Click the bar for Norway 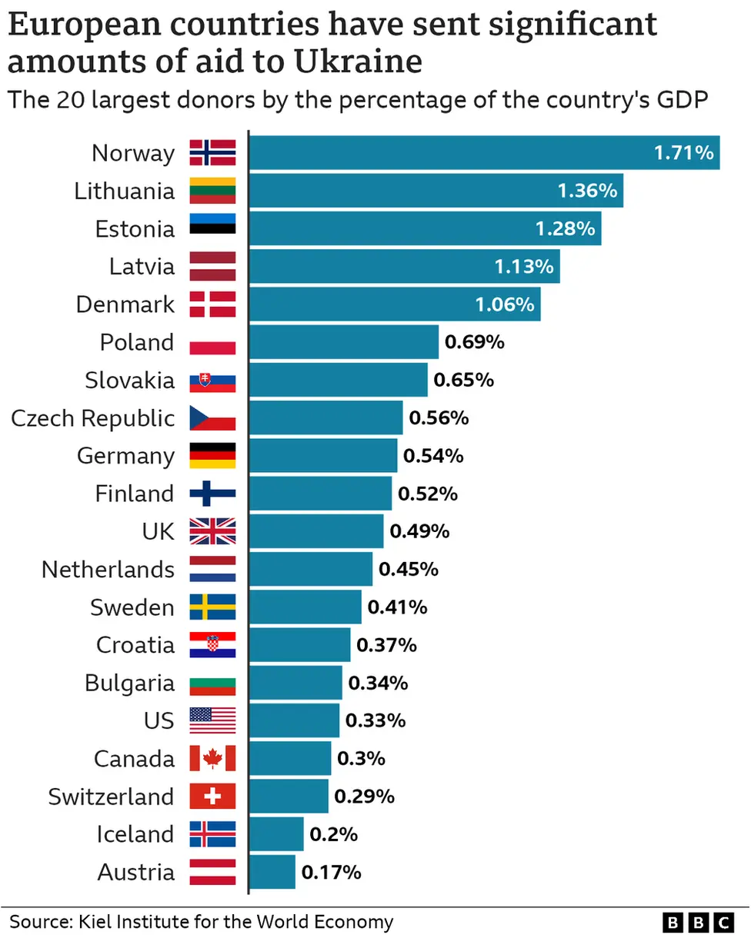tap(484, 153)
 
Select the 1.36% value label tap(587, 191)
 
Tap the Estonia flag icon tap(212, 228)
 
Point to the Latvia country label tap(142, 267)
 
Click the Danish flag tap(212, 304)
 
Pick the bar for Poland tap(344, 342)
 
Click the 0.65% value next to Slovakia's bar tap(463, 380)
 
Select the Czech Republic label tap(93, 418)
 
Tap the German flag tap(212, 456)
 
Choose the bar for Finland tap(320, 494)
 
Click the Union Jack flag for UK tap(212, 531)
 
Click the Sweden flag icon tap(212, 607)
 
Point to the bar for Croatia tap(299, 645)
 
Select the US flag tap(212, 720)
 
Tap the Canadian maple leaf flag tap(212, 759)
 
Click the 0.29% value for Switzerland tap(364, 797)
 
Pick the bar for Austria tap(272, 872)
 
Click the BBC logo tap(699, 922)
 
